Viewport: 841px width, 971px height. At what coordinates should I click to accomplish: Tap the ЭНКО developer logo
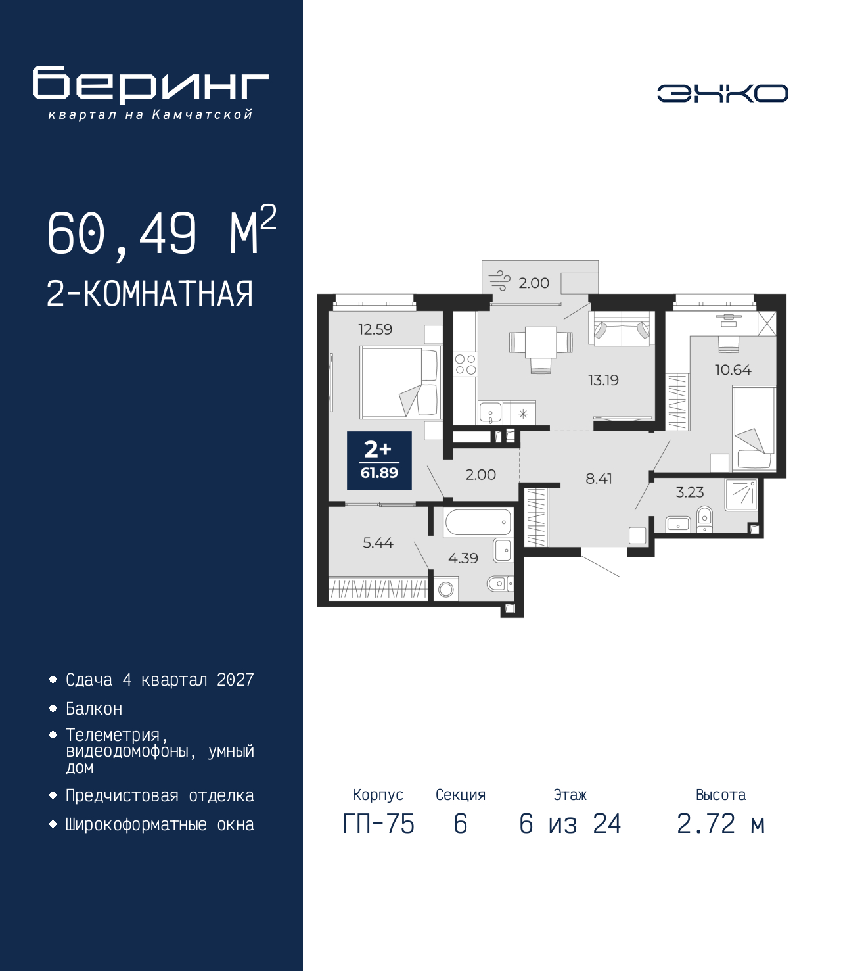point(722,93)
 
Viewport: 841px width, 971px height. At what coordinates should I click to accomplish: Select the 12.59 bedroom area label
point(375,329)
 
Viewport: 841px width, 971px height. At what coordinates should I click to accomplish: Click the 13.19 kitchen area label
point(603,380)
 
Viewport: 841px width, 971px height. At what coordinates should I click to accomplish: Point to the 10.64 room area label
point(733,369)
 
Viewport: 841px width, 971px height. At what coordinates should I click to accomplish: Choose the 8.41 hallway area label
point(599,479)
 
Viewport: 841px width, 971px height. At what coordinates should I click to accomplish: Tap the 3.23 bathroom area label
point(690,492)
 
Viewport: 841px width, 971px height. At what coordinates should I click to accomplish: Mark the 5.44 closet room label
point(378,542)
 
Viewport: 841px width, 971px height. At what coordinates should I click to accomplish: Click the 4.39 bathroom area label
point(463,558)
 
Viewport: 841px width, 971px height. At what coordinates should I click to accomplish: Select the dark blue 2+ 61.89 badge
point(379,460)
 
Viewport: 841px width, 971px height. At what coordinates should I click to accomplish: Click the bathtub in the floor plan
point(478,523)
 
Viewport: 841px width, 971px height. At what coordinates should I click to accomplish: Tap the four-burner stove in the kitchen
point(466,365)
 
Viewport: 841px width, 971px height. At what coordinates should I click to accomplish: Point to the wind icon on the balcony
point(499,281)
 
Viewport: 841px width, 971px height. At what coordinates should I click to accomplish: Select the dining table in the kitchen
point(541,341)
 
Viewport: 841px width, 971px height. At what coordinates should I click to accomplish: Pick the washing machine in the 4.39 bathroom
point(445,588)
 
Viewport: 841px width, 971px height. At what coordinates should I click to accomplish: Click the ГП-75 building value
point(378,824)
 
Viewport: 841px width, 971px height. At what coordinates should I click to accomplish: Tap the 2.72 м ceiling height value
point(721,824)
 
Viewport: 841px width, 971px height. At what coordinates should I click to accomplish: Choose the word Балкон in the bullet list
point(94,709)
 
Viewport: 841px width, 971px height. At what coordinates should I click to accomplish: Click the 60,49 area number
point(122,234)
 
